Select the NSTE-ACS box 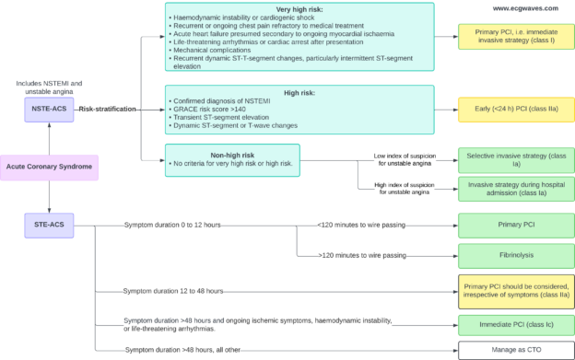[49, 109]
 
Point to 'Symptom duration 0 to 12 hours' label [172, 224]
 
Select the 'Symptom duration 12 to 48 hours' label [173, 291]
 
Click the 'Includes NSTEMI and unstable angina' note [49, 87]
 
